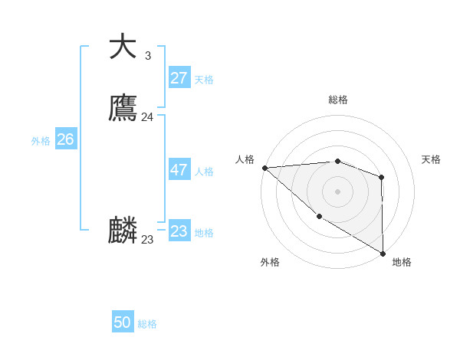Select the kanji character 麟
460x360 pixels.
point(123,231)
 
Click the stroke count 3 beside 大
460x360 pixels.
point(147,56)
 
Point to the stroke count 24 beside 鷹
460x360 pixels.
point(148,117)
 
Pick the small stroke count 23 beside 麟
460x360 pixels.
point(148,240)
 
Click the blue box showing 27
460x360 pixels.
point(179,78)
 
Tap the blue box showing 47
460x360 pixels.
point(179,170)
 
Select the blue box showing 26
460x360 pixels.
point(65,139)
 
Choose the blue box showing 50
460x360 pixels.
point(123,322)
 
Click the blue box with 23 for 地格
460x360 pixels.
point(179,231)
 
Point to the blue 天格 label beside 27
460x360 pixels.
point(204,80)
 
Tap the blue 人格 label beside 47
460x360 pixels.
point(204,172)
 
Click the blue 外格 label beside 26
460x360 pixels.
point(41,141)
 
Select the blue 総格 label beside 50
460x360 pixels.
point(147,324)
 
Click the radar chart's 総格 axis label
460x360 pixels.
point(337,100)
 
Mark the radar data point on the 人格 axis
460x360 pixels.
point(264,167)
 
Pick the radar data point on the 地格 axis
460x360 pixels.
point(383,253)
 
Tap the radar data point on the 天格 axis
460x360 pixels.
point(381,177)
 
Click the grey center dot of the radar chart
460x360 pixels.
point(337,191)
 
